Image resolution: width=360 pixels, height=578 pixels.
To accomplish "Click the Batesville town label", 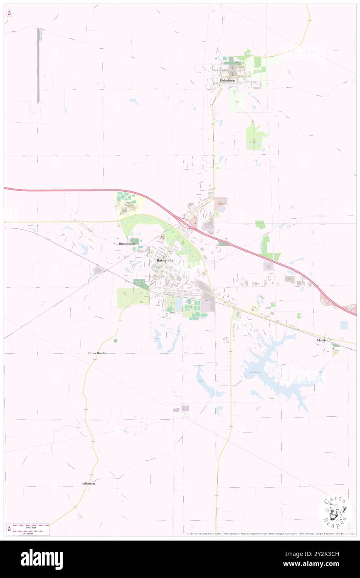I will [x=165, y=260].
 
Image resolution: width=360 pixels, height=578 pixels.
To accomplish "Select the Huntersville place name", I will [x=127, y=244].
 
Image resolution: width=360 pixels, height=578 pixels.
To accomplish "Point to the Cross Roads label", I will [x=97, y=353].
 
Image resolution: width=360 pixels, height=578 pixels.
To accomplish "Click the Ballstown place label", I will [x=88, y=484].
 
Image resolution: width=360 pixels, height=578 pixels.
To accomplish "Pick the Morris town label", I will [x=321, y=341].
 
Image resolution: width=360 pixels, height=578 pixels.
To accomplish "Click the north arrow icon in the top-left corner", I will [x=9, y=13].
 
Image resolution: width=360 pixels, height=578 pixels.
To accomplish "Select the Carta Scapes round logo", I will [x=335, y=512].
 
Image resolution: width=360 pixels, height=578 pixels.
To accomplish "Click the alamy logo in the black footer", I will [x=42, y=559].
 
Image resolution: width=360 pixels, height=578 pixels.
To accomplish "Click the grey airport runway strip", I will [x=38, y=65].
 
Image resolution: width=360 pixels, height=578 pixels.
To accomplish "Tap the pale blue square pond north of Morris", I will [x=343, y=325].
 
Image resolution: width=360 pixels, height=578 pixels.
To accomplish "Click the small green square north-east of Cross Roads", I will [x=115, y=341].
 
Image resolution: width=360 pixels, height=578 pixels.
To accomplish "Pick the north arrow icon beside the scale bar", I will [x=9, y=528].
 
